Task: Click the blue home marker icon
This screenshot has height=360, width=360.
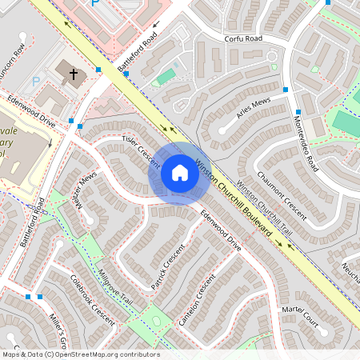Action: pos(179,173)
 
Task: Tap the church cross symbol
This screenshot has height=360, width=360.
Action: pos(74,75)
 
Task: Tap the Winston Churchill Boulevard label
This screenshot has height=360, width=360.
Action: pos(234,198)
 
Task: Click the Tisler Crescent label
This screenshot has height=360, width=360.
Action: pos(140,151)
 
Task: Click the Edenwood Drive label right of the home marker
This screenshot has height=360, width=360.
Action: pos(220,230)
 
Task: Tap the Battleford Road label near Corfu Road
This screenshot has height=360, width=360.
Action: pos(138,55)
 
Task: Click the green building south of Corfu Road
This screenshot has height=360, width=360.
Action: pos(166,78)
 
